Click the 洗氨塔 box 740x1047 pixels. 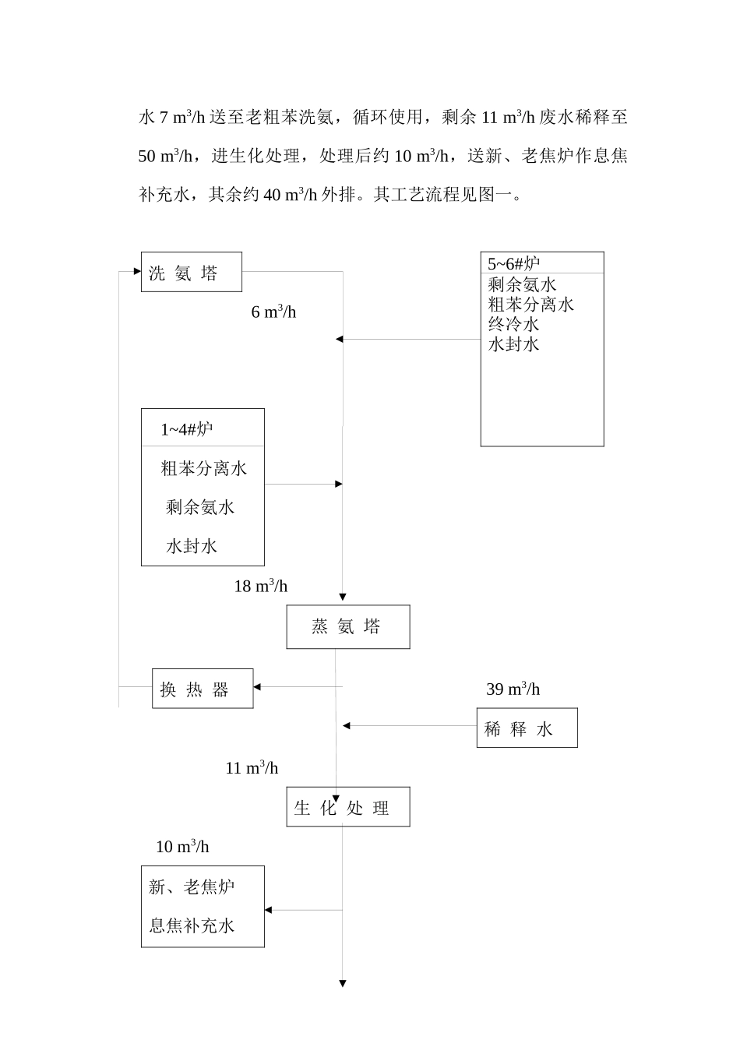click(x=191, y=272)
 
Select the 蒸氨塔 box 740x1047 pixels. click(x=347, y=626)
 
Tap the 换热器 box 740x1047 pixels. click(x=202, y=689)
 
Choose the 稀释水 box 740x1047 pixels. click(x=527, y=728)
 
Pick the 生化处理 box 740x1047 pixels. click(x=347, y=807)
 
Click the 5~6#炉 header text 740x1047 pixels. click(x=513, y=263)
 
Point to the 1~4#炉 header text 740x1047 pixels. click(x=187, y=428)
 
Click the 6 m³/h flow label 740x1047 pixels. click(x=273, y=312)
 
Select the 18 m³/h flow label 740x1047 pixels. click(x=261, y=586)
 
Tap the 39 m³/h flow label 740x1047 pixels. click(x=513, y=689)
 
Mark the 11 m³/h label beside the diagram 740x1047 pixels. click(x=252, y=767)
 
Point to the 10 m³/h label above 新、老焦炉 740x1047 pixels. click(x=182, y=846)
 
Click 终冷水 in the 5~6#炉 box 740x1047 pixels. click(x=513, y=324)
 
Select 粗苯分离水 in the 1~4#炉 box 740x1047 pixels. click(x=203, y=468)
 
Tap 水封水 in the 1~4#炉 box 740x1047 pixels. click(x=192, y=546)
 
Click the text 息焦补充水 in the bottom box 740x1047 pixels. click(x=192, y=925)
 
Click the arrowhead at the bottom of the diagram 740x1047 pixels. click(x=343, y=984)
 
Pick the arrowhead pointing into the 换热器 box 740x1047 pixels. click(x=258, y=686)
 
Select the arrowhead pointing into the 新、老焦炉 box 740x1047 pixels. click(x=269, y=910)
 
